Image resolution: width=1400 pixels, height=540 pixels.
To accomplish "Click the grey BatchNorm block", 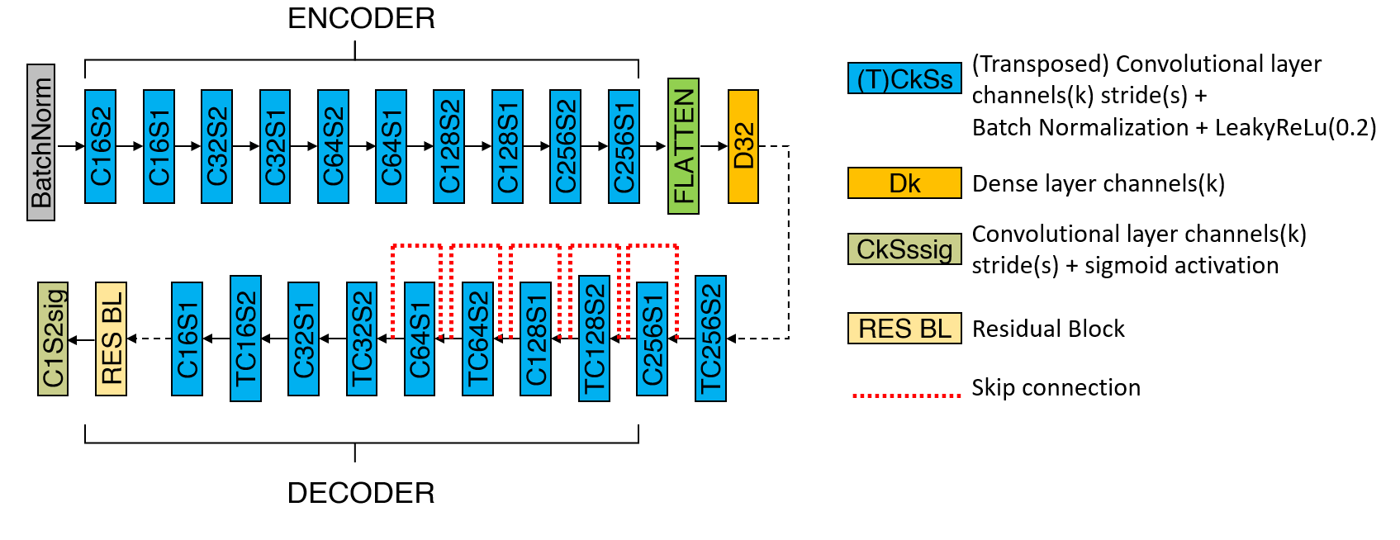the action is [x=40, y=143].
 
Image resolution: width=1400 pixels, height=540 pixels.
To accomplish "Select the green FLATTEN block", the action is [x=683, y=146].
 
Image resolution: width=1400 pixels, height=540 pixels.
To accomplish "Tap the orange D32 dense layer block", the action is [x=743, y=146].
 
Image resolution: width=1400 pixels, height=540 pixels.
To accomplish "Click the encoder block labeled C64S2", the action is [x=333, y=146].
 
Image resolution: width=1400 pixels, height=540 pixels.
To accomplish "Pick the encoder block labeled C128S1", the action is [x=507, y=146].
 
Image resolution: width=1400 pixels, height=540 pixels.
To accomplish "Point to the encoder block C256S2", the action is [x=565, y=146].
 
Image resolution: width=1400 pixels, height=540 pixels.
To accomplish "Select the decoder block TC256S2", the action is [x=710, y=339].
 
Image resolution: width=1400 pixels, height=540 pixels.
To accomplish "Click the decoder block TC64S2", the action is [x=477, y=339].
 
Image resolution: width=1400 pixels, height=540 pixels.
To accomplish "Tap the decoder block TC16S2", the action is [x=245, y=339].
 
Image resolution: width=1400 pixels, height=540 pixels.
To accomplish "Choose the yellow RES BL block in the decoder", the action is [x=112, y=339].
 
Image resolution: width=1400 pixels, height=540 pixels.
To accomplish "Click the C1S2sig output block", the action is [x=53, y=339].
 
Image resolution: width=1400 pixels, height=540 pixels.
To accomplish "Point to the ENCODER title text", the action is [x=361, y=19].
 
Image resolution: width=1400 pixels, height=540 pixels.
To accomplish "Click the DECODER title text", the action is [x=361, y=493].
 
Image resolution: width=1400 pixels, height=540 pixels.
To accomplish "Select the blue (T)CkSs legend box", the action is [x=904, y=78].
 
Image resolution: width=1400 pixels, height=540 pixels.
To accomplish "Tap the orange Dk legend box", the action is [x=904, y=183].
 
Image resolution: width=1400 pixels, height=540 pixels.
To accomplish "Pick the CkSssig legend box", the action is [x=904, y=249].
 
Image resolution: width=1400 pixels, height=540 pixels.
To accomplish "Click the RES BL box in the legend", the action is [x=904, y=328].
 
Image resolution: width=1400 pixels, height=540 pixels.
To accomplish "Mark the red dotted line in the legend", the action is [x=907, y=396].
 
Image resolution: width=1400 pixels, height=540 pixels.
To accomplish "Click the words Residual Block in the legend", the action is [x=1048, y=329].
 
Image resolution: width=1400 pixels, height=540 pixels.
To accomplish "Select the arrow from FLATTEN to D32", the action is [x=714, y=146].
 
